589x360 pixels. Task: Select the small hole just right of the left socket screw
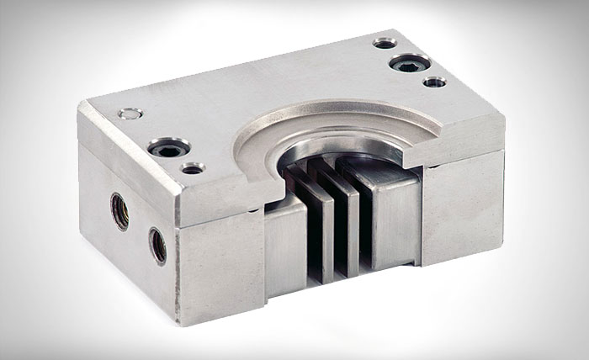[x=193, y=168]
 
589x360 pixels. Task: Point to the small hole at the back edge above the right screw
[x=384, y=41]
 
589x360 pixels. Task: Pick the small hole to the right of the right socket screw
[x=434, y=82]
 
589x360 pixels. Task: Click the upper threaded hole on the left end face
[x=120, y=210]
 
